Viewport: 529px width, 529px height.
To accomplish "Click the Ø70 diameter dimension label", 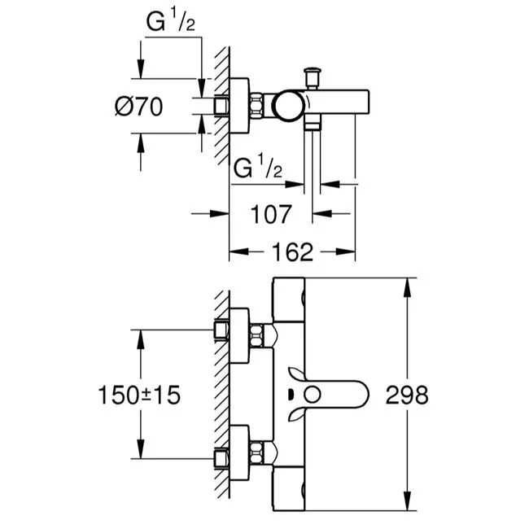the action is tap(138, 107).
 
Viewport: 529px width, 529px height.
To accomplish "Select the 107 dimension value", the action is tap(270, 214).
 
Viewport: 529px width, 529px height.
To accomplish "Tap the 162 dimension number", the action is tap(292, 252).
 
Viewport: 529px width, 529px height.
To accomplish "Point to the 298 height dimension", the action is tap(407, 395).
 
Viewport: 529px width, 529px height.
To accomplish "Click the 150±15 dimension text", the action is tap(139, 395).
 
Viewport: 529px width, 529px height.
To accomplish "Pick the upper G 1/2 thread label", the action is tap(170, 21).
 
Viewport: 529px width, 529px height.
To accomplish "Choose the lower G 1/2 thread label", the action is tap(258, 166).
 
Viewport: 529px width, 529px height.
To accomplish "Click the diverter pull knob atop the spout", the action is tap(313, 78).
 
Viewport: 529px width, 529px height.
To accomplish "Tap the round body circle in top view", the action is tap(288, 106).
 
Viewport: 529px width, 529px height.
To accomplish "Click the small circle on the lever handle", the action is tap(312, 395).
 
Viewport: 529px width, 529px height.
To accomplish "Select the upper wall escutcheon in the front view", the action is tap(239, 335).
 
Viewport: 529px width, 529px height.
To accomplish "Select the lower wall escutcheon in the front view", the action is tap(239, 452).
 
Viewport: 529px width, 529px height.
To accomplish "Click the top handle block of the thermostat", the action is tap(288, 299).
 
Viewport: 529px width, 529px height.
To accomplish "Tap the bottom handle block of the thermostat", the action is tap(288, 488).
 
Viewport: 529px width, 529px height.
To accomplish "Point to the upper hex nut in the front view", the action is tap(256, 335).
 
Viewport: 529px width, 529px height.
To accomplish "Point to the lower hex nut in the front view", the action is tap(256, 452).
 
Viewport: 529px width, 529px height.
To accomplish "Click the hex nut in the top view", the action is tap(256, 106).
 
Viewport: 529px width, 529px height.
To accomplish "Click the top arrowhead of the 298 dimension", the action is tap(408, 287).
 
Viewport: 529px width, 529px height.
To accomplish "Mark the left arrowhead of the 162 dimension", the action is tap(238, 251).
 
